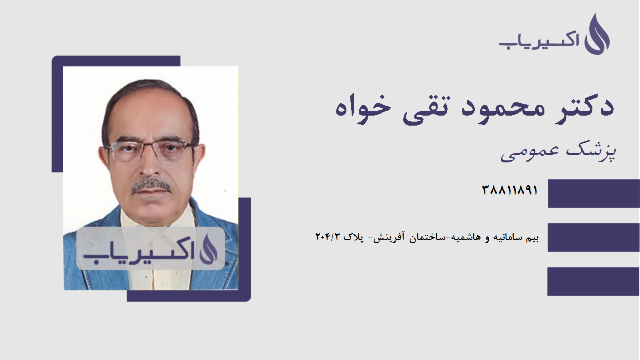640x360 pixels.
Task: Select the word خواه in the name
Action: pyautogui.click(x=363, y=108)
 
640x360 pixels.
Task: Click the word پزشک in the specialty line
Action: pyautogui.click(x=591, y=151)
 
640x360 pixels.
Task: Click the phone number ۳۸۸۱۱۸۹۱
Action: pyautogui.click(x=510, y=190)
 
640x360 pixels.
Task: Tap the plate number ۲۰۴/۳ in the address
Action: pyautogui.click(x=328, y=237)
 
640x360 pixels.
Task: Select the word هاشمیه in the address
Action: pyautogui.click(x=466, y=237)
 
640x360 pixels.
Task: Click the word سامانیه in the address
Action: pyautogui.click(x=508, y=237)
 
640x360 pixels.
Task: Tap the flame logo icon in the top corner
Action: pyautogui.click(x=597, y=35)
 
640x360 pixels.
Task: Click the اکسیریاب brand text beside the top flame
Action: pyautogui.click(x=539, y=40)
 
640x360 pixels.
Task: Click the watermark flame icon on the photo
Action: pyautogui.click(x=208, y=249)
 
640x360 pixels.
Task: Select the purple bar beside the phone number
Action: pyautogui.click(x=594, y=194)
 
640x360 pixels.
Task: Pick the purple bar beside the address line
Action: pyautogui.click(x=594, y=237)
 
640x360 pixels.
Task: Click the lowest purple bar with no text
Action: pyautogui.click(x=594, y=282)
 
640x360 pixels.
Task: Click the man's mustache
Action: pyautogui.click(x=151, y=185)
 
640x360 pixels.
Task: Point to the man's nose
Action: pyautogui.click(x=150, y=166)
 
